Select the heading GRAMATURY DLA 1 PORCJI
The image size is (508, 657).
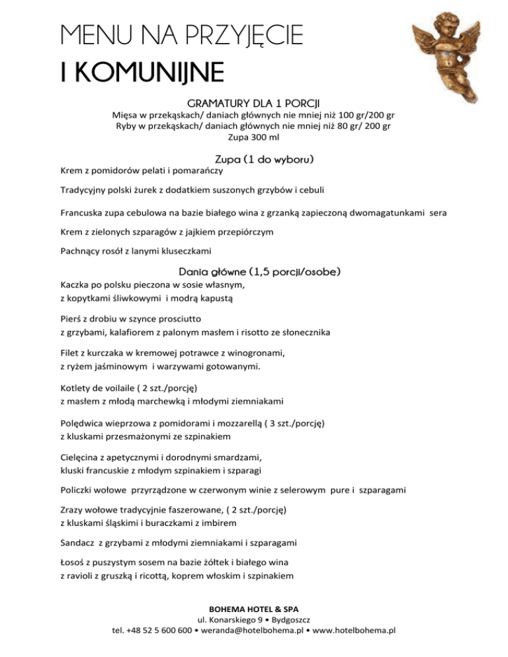coord(253,104)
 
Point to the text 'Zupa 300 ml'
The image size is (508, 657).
coord(253,139)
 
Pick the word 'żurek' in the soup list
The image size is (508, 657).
coord(148,191)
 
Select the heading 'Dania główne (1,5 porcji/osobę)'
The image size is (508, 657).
coord(260,272)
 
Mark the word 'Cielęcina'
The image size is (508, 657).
coord(81,456)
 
